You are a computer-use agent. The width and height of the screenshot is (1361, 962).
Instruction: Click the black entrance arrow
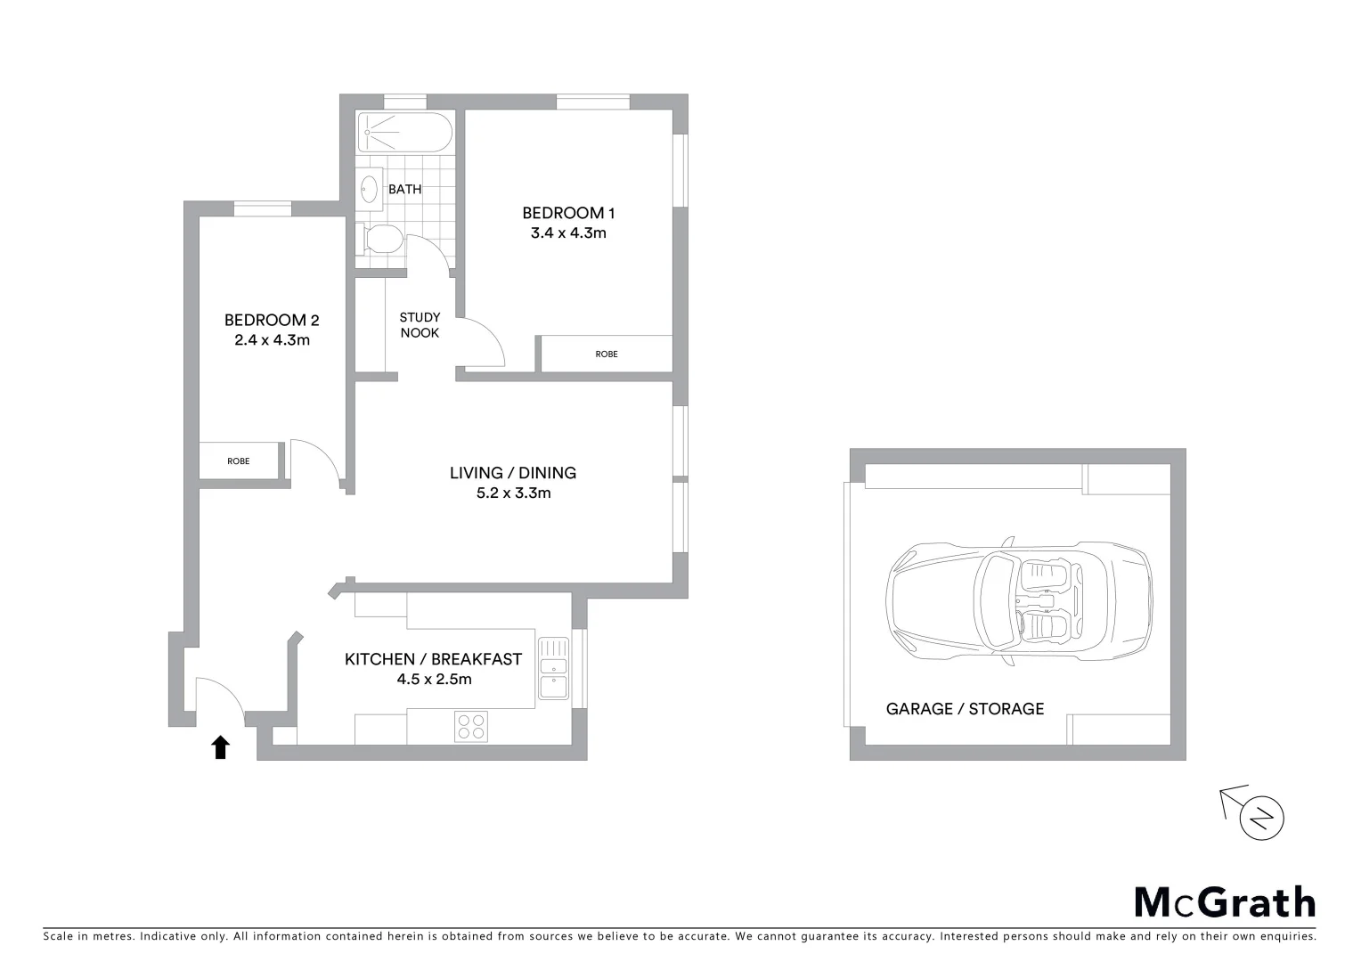[220, 746]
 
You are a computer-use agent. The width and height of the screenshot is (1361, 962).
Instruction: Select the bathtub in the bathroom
[404, 133]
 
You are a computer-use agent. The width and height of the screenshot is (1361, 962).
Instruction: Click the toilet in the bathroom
[380, 239]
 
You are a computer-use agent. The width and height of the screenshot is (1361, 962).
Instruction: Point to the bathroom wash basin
[370, 188]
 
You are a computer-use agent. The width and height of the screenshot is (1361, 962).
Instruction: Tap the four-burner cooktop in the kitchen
[470, 726]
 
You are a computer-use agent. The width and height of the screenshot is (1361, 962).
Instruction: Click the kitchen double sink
[553, 668]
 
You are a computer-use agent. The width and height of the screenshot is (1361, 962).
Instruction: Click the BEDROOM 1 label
[568, 213]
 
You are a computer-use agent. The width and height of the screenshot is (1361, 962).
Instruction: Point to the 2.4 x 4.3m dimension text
[272, 339]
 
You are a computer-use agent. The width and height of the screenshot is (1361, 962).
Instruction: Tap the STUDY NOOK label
[420, 325]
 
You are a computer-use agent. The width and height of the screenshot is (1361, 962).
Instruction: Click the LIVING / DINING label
[512, 473]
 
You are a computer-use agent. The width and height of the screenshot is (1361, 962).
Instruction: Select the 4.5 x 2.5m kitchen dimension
[434, 679]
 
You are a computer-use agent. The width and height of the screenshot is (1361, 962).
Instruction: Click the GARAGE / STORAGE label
[965, 709]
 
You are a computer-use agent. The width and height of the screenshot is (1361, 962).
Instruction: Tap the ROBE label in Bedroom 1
[607, 355]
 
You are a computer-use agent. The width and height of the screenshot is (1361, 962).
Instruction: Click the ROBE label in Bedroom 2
[238, 461]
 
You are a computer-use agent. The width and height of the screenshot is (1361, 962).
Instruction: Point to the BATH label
[405, 189]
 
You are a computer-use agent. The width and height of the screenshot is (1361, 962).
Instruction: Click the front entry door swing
[219, 695]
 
